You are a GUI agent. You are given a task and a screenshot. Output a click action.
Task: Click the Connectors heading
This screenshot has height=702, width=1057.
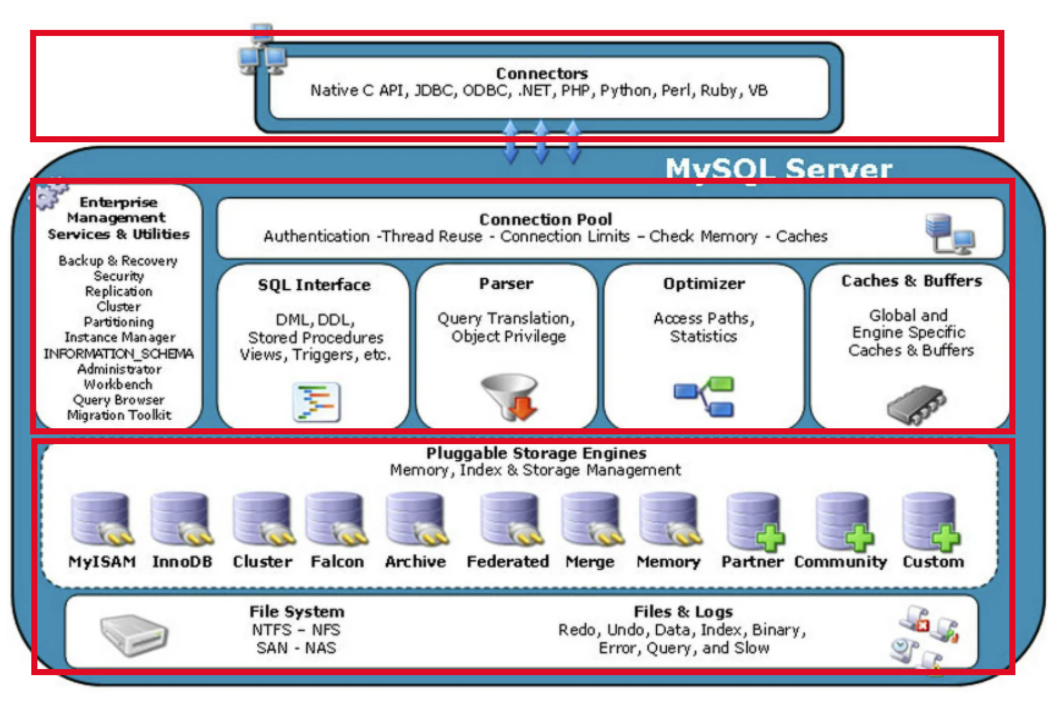point(542,74)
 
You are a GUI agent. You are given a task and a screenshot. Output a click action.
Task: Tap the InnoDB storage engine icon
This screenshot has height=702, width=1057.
point(181,519)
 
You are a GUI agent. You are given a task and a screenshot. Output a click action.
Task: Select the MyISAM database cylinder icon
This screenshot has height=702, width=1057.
point(101,519)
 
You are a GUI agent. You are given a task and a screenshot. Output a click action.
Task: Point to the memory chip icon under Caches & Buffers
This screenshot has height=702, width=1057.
point(915,405)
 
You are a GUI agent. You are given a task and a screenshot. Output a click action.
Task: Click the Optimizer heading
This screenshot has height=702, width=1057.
point(703,284)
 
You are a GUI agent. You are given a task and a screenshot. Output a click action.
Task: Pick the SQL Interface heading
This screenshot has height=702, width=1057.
point(314,285)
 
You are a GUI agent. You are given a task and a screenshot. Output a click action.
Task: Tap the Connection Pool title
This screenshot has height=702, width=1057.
point(545,220)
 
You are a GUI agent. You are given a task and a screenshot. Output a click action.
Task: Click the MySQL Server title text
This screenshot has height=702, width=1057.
point(778,169)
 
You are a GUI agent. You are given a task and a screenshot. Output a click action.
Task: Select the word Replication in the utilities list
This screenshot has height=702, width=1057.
point(119,291)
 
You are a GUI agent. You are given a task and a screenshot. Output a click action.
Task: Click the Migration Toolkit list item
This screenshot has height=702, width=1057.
point(119,415)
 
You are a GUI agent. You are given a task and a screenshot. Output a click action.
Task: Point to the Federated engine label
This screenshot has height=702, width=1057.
point(508,561)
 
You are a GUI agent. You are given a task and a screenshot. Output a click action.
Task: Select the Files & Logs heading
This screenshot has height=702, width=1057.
point(683,612)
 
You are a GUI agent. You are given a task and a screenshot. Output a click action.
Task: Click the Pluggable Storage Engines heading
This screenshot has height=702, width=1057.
point(536,453)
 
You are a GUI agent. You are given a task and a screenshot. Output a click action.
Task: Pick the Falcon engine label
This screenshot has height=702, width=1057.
point(337,561)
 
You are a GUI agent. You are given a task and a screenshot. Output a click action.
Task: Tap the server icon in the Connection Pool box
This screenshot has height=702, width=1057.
point(949,233)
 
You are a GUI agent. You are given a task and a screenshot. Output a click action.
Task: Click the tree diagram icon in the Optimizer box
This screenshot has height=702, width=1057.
point(704,397)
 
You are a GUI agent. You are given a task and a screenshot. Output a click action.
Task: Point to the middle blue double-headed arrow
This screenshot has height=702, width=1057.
point(541,142)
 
